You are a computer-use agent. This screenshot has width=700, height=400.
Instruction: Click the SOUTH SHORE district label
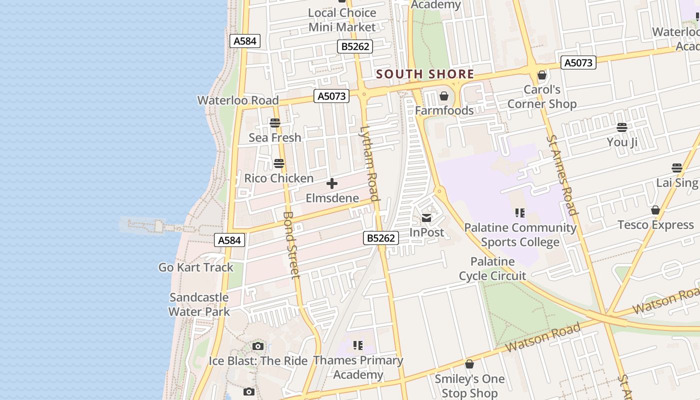(425, 74)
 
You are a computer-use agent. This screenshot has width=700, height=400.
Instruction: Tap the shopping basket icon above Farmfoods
(444, 96)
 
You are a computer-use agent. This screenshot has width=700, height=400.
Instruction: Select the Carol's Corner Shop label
(542, 96)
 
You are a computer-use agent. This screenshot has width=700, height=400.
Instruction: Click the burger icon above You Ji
(622, 127)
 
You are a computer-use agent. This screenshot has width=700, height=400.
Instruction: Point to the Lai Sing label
(677, 182)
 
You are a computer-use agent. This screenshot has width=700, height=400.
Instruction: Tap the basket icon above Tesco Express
(655, 210)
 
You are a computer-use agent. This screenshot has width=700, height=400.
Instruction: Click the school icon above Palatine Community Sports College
(520, 213)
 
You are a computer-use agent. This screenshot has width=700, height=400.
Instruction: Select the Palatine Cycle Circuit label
(492, 268)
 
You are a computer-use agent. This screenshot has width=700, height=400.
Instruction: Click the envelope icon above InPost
(426, 218)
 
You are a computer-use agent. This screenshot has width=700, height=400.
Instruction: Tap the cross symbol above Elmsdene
(332, 183)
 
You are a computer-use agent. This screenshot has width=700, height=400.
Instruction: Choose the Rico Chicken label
(278, 178)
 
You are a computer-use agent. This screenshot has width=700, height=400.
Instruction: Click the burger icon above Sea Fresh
(275, 122)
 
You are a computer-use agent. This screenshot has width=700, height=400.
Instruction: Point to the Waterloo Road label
(238, 100)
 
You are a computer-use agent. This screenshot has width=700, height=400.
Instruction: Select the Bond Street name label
(291, 244)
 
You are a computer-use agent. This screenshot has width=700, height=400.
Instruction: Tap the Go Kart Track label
(196, 267)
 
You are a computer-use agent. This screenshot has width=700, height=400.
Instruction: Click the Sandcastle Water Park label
(199, 304)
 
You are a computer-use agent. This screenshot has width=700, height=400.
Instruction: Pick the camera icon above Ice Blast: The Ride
(258, 346)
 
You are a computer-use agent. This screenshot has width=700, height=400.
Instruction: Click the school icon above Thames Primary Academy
(358, 345)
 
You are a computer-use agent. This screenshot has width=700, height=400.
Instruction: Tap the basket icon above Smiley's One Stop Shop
(469, 364)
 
